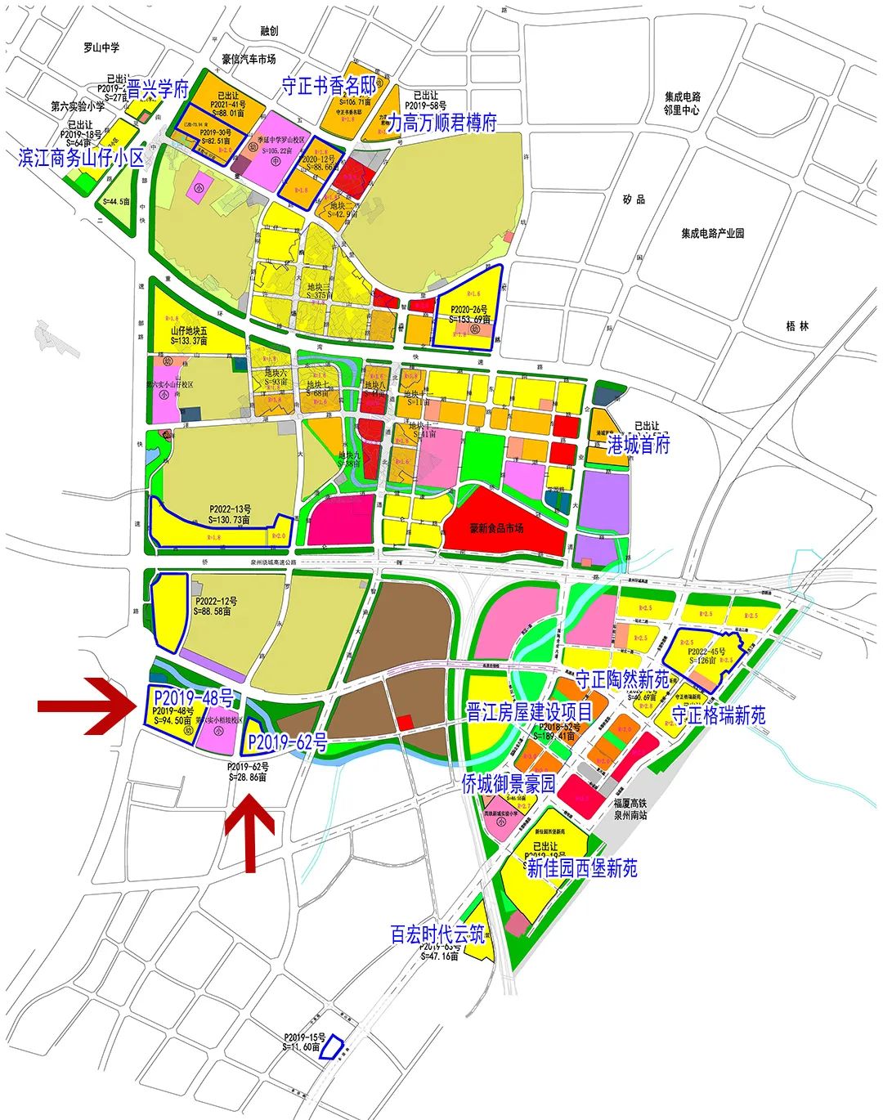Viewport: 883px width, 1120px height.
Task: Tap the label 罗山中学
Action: pos(101,48)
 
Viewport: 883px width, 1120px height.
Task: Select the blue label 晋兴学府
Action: pos(158,89)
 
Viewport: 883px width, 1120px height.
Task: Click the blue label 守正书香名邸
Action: pos(329,86)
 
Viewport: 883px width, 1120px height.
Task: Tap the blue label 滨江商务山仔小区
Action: pos(81,158)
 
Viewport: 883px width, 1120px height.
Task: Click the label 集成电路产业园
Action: pos(713,233)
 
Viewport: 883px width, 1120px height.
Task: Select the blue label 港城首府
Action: pos(639,444)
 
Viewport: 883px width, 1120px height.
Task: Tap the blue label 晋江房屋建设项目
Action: pos(529,712)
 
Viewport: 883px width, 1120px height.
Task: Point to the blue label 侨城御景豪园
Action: pos(509,784)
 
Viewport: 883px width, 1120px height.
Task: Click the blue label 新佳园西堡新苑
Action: pos(582,868)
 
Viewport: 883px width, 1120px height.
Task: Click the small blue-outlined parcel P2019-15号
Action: pos(332,1047)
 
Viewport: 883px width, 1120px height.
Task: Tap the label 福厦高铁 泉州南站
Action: pos(631,809)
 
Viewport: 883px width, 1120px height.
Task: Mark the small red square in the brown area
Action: pos(404,723)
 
